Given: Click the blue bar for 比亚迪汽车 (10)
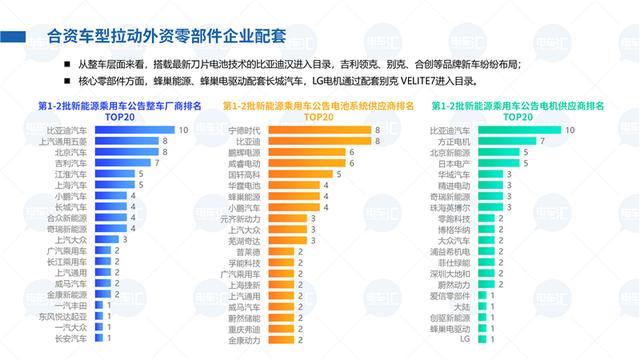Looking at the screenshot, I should coord(133,130).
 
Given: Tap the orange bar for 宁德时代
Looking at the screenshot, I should coord(314,130).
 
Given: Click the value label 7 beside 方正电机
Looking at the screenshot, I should coord(542,141).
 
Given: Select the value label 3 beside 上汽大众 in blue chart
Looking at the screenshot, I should coord(124,239).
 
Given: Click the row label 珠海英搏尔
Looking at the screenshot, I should coord(447,206).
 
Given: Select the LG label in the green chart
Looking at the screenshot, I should coord(463,338).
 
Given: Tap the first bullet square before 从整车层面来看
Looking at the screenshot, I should coord(67,63).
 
